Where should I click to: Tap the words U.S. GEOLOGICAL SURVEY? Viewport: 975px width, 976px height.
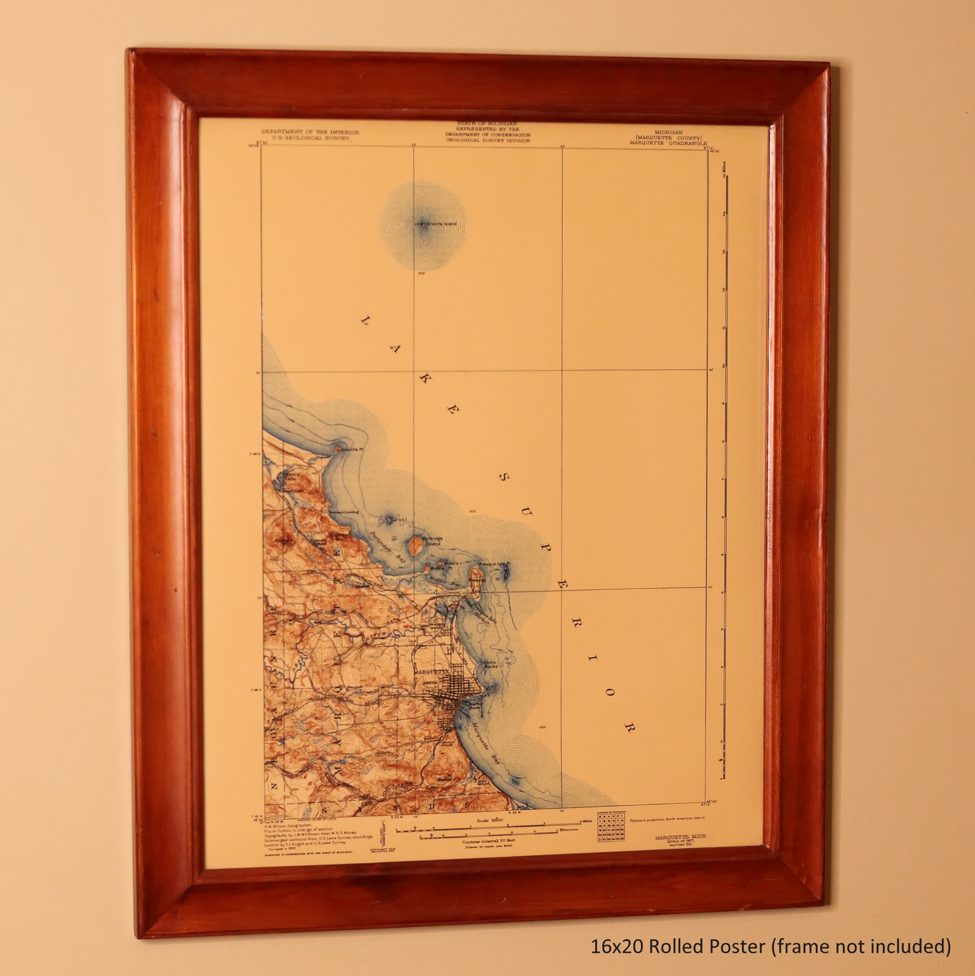(310, 137)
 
